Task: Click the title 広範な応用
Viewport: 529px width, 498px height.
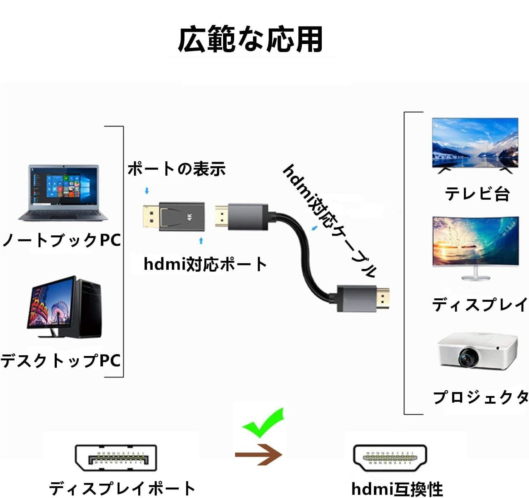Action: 250,39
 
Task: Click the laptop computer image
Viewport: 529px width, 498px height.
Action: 63,193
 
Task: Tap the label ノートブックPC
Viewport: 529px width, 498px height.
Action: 61,240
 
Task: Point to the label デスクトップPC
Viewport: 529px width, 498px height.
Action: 61,361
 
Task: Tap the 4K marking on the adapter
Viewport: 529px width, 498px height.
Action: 189,217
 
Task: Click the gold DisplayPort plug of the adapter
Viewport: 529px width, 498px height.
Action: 150,217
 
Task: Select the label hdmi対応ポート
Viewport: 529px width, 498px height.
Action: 205,264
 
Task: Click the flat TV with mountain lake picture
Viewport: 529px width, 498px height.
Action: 475,145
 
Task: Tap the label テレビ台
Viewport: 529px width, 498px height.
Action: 477,194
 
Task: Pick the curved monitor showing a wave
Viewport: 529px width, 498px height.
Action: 475,243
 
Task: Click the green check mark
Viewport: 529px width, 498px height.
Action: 264,423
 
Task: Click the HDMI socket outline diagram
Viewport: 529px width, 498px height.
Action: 390,459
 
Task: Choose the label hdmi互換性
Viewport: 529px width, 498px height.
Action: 397,489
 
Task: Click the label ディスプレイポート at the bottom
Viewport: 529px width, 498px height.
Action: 122,489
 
